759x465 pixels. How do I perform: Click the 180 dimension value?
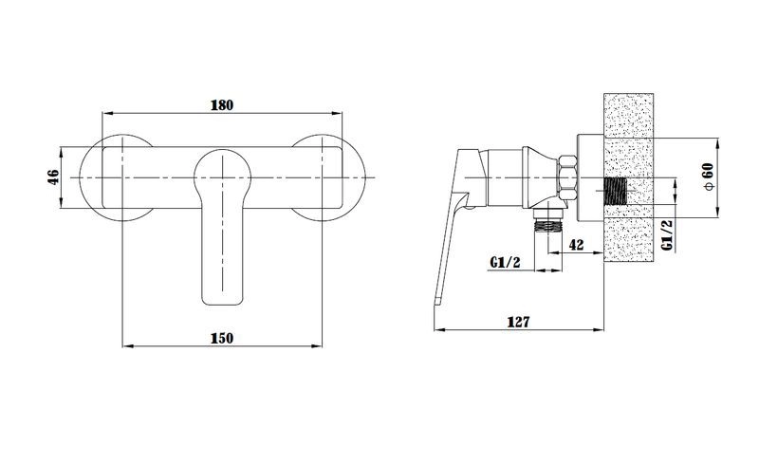pos(221,104)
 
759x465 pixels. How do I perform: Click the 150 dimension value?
pos(221,337)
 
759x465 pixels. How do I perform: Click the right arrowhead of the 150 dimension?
pos(318,345)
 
